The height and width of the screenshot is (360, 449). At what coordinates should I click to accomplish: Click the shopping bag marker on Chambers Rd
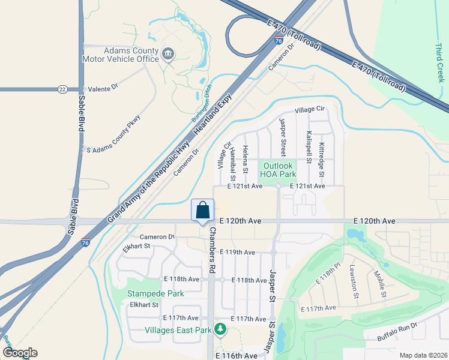click(x=203, y=211)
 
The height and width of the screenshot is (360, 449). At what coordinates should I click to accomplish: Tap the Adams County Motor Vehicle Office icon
click(x=168, y=55)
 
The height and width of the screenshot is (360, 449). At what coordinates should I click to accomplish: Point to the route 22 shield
click(x=62, y=89)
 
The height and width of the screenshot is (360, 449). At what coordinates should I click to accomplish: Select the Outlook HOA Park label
click(x=277, y=170)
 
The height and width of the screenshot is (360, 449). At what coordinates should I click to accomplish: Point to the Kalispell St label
click(x=309, y=147)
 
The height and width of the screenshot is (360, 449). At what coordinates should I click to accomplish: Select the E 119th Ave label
click(x=237, y=252)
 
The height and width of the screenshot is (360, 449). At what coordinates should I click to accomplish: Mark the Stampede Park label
click(x=155, y=293)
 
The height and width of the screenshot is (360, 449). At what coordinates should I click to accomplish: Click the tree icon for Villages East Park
click(x=220, y=329)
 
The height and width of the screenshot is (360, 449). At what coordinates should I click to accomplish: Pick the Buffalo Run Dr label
click(x=396, y=330)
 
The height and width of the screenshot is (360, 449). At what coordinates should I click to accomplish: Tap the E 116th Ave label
click(x=237, y=356)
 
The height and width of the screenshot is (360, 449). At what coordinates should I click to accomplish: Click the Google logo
click(x=19, y=353)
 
